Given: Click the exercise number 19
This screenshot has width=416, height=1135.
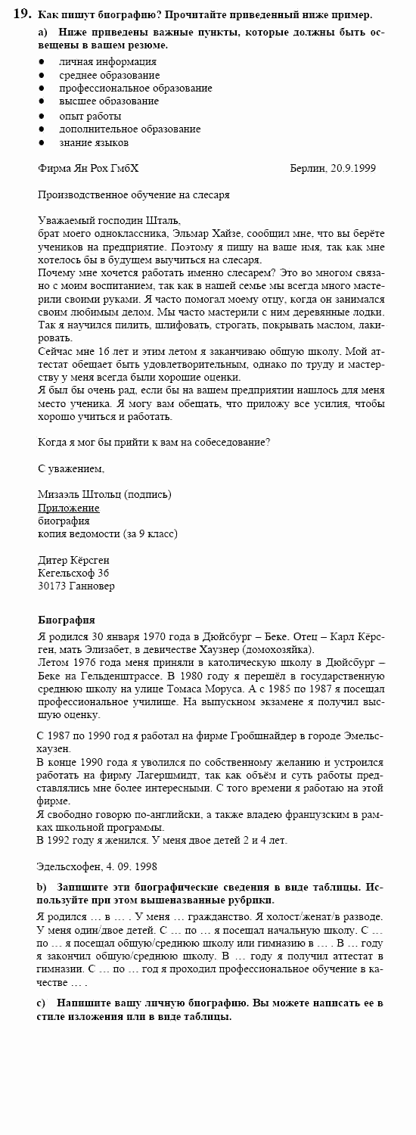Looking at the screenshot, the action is pos(23,14).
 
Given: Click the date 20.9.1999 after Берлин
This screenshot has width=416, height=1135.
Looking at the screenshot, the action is pos(352,168).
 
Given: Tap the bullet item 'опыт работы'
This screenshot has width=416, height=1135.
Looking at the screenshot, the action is pos(90,116).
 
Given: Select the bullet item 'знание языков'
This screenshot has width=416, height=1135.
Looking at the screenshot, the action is pos(94,142).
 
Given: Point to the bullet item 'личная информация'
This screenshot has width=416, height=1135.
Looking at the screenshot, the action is pos(107,62).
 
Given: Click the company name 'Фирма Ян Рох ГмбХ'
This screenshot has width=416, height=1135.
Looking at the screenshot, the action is pos(88,168).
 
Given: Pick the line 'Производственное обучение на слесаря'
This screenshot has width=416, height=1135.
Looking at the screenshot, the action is pos(133,194).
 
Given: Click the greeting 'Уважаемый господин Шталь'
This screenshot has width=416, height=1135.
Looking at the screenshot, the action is pos(109,220).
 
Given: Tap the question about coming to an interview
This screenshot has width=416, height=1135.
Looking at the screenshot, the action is pos(154,442).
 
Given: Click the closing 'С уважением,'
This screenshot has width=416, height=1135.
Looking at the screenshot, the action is pos(71,468).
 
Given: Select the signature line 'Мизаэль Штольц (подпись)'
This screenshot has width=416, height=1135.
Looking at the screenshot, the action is pos(104,495).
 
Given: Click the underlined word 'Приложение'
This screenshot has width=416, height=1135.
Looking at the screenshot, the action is pos(68,508).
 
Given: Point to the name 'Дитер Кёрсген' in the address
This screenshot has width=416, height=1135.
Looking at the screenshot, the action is pos(73,560).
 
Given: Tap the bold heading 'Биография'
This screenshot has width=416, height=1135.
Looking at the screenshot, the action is pos(66,620).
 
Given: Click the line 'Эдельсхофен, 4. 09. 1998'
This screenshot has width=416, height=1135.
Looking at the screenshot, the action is pos(97,866).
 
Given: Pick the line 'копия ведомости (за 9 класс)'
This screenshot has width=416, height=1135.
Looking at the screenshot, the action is pos(107,533).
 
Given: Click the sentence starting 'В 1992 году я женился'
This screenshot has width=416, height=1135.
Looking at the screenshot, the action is pos(162,840).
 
